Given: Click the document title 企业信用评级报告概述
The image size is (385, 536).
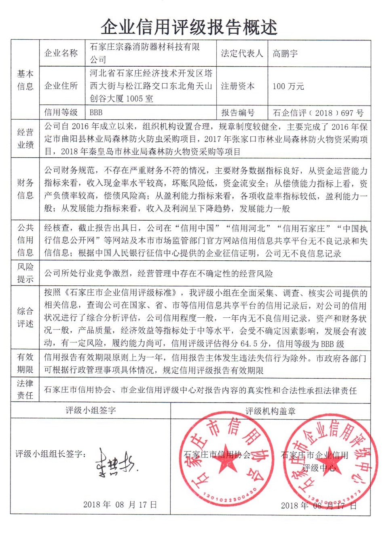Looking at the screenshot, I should click(189, 27).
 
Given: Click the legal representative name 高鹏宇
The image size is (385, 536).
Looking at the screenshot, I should click(285, 53).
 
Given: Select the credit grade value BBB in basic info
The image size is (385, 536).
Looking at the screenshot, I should click(96, 112).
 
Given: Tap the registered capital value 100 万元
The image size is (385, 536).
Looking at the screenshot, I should click(288, 86).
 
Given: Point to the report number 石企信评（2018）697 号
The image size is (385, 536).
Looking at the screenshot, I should click(318, 113).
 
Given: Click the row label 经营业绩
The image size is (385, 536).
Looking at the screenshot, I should click(25, 139).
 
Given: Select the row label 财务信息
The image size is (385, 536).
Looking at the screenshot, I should click(25, 189).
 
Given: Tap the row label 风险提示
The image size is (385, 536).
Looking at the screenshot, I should click(25, 273).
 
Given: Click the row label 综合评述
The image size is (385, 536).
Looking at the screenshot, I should click(25, 317).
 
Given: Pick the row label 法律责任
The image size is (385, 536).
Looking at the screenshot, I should click(25, 389).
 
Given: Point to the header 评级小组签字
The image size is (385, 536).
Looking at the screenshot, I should click(91, 411).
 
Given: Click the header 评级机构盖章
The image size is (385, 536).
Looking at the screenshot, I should click(270, 411).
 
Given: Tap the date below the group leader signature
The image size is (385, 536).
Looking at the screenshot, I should click(120, 504).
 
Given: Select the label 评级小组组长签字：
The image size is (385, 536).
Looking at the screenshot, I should click(51, 454).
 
